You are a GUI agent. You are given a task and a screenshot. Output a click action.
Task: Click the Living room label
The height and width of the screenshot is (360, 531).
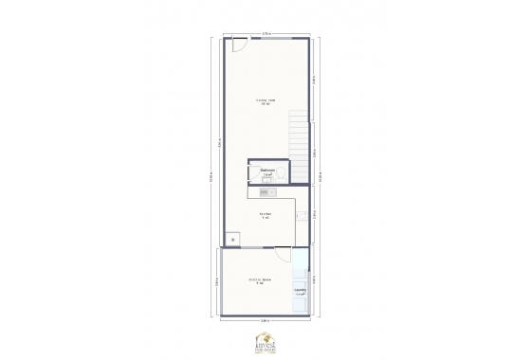(x=266, y=99)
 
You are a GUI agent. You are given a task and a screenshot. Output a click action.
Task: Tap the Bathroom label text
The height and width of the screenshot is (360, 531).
(x=267, y=171)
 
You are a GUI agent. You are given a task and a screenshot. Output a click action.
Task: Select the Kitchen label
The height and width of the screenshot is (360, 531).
(x=266, y=214)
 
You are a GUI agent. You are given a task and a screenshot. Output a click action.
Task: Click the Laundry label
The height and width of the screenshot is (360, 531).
(x=300, y=291)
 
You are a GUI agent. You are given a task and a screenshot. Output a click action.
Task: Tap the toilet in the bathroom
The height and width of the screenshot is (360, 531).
(x=254, y=174)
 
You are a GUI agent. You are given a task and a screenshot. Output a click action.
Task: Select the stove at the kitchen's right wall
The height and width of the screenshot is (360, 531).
(x=300, y=216)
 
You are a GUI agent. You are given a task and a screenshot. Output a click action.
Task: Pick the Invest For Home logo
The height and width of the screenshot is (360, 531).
(x=265, y=341)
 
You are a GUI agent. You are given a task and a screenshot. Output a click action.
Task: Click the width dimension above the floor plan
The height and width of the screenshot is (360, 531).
(x=266, y=33)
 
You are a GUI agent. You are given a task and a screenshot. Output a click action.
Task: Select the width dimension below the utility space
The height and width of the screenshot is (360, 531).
(x=266, y=322)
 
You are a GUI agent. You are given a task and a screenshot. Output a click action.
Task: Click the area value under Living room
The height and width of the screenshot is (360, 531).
(x=266, y=104)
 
